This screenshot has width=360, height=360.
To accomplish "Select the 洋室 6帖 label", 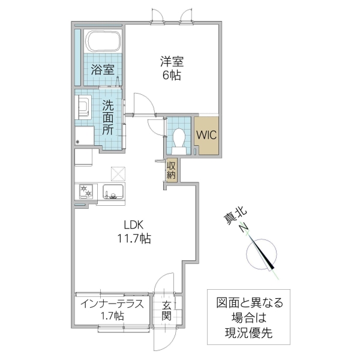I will [x=171, y=68].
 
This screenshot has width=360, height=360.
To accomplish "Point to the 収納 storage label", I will [x=172, y=170].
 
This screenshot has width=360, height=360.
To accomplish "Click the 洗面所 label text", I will [x=107, y=116].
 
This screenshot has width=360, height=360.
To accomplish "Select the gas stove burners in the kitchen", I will [x=86, y=193].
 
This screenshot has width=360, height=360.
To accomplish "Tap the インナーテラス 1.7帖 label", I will [x=112, y=310].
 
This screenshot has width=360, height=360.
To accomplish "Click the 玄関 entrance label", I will [x=166, y=310].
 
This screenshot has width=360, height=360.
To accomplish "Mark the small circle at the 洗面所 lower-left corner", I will [x=78, y=142].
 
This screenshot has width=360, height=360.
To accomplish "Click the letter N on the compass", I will [x=244, y=228].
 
